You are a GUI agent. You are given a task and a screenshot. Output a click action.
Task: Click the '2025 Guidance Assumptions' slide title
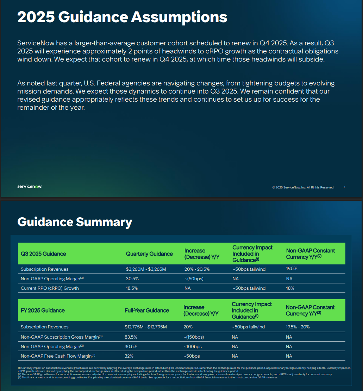click(x=122, y=17)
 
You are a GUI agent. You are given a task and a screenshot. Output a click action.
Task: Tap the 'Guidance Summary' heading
click(x=75, y=222)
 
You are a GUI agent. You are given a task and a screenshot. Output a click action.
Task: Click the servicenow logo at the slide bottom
click(x=30, y=186)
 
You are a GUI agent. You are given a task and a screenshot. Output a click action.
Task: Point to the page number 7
click(x=344, y=187)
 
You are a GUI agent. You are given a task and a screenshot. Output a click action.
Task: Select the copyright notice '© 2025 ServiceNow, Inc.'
click(x=303, y=187)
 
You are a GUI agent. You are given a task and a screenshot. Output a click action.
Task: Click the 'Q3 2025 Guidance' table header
click(x=43, y=254)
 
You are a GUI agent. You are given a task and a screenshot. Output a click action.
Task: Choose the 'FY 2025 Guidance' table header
click(x=43, y=310)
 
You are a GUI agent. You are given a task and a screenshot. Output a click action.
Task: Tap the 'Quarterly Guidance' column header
click(x=149, y=254)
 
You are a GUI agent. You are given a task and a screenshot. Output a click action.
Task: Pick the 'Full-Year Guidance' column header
click(x=147, y=310)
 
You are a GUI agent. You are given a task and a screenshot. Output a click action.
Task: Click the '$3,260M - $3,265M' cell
click(x=146, y=269)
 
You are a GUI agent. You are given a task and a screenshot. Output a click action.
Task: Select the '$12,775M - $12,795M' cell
click(x=145, y=327)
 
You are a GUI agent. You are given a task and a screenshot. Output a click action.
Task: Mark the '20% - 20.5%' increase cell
click(x=197, y=269)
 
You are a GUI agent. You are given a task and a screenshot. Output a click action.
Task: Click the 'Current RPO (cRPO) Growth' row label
click(x=50, y=288)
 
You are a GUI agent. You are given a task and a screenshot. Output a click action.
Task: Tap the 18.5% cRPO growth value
click(x=132, y=288)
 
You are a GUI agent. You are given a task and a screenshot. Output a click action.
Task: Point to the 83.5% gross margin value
click(x=131, y=337)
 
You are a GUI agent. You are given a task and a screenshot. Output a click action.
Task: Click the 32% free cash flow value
click(x=129, y=356)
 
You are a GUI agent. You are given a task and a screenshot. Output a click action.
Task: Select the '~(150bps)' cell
click(x=194, y=337)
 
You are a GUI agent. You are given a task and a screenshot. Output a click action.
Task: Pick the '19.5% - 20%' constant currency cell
click(x=298, y=327)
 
